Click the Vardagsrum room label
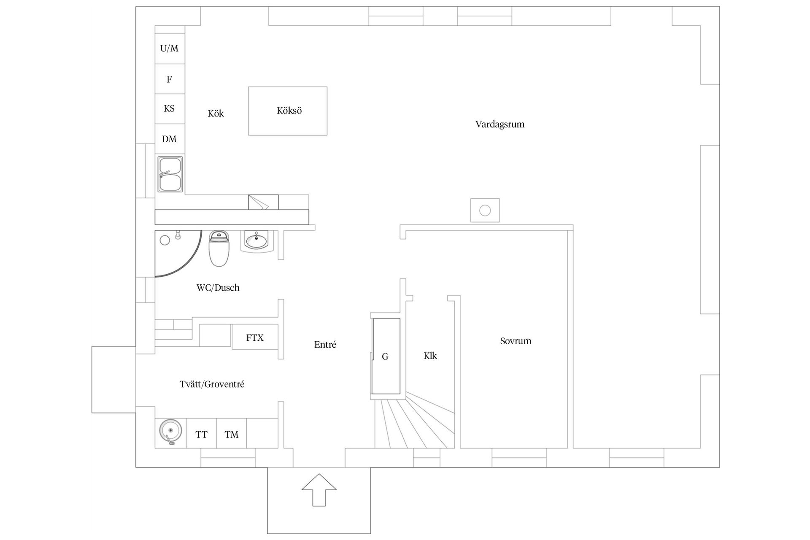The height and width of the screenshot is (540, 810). pyautogui.click(x=499, y=124)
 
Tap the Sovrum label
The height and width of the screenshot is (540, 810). pyautogui.click(x=516, y=341)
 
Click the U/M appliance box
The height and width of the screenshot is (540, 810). pyautogui.click(x=170, y=49)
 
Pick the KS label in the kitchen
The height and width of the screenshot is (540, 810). pyautogui.click(x=169, y=108)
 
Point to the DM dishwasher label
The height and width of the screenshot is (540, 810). pyautogui.click(x=169, y=139)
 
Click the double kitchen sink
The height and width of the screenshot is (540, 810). pyautogui.click(x=170, y=174)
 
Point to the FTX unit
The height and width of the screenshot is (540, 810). pyautogui.click(x=255, y=337)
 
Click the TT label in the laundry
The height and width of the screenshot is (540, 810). pyautogui.click(x=201, y=435)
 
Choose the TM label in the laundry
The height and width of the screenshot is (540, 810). pyautogui.click(x=231, y=435)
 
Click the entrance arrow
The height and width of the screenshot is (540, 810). pyautogui.click(x=319, y=489)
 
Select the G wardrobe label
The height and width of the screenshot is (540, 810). pyautogui.click(x=385, y=357)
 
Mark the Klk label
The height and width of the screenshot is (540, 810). pyautogui.click(x=430, y=356)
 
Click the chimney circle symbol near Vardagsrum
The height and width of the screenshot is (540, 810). pyautogui.click(x=485, y=210)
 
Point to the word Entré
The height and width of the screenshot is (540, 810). pyautogui.click(x=325, y=345)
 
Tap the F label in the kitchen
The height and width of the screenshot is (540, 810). pyautogui.click(x=169, y=79)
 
